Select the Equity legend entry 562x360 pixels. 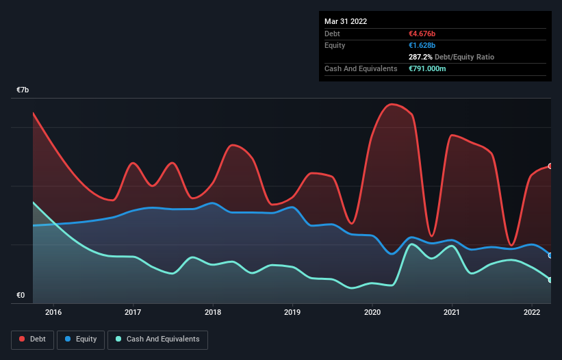(x=81, y=339)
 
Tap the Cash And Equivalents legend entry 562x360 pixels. (x=157, y=339)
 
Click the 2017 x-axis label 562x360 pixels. (x=133, y=313)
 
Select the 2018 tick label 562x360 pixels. (x=213, y=313)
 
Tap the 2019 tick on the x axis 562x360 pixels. (x=293, y=313)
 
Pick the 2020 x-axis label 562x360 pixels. (x=372, y=313)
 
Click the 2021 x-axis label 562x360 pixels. (x=452, y=313)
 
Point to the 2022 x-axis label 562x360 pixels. (x=532, y=313)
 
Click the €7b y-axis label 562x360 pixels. (x=23, y=90)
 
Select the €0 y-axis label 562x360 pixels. (x=21, y=296)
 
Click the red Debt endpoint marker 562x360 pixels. (x=550, y=166)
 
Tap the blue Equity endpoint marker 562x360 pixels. (x=550, y=255)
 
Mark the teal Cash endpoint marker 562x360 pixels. (x=550, y=280)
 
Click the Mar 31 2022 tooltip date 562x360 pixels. (x=346, y=21)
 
